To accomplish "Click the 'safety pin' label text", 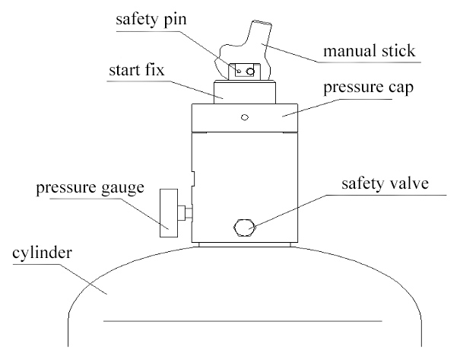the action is (x=151, y=20).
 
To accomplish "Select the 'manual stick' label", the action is (x=370, y=51).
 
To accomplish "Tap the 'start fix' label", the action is (x=136, y=70).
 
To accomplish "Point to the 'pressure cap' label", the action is (x=369, y=88).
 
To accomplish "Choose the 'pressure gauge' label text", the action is (x=90, y=188).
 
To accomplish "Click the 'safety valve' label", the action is (x=385, y=183).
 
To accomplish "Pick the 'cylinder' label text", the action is (x=42, y=253).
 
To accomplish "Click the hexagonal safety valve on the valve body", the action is (x=244, y=228).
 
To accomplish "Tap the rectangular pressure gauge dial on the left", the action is (x=169, y=213).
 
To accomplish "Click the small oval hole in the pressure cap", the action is (x=245, y=117).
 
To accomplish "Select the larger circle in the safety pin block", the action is (x=250, y=71).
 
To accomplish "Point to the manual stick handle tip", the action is (x=262, y=23).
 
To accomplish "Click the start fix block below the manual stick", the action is (x=245, y=92).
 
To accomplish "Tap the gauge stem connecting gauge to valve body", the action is (x=185, y=213).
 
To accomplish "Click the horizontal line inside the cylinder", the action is (x=243, y=321).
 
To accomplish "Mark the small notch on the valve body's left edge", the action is (x=192, y=179).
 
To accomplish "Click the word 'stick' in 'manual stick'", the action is (x=398, y=51).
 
